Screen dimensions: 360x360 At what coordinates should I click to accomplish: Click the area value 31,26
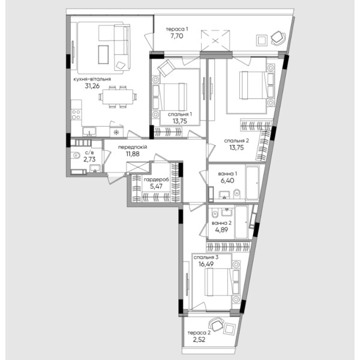tap(92, 86)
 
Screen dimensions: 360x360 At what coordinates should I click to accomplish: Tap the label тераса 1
tap(177, 29)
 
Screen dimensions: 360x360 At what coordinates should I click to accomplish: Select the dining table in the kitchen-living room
tap(118, 97)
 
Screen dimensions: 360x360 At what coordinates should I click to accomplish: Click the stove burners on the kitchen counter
tap(76, 115)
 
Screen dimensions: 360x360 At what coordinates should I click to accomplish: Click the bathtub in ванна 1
tap(252, 182)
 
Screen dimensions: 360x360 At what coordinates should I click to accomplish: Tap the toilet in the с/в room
tap(76, 155)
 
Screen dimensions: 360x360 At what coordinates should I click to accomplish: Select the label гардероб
tap(156, 179)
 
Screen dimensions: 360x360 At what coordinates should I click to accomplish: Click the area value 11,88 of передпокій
tap(133, 154)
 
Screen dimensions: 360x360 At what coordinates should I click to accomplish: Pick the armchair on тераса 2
tap(216, 325)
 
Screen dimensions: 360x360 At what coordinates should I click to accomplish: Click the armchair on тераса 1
tap(278, 38)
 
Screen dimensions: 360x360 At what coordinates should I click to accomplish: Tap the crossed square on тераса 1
tap(215, 41)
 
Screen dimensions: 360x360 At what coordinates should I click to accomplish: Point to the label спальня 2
tap(236, 141)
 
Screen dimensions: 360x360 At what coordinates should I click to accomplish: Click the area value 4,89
tap(221, 230)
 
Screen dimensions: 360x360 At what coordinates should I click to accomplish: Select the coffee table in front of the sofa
tap(103, 55)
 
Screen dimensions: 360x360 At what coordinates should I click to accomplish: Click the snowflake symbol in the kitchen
tap(116, 132)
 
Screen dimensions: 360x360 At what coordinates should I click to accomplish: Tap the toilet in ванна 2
tap(215, 214)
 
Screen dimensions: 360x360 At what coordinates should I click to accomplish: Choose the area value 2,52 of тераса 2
tap(199, 340)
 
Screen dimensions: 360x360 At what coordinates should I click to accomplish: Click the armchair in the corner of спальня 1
tap(166, 67)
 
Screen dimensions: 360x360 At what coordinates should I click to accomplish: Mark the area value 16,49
tap(206, 264)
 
